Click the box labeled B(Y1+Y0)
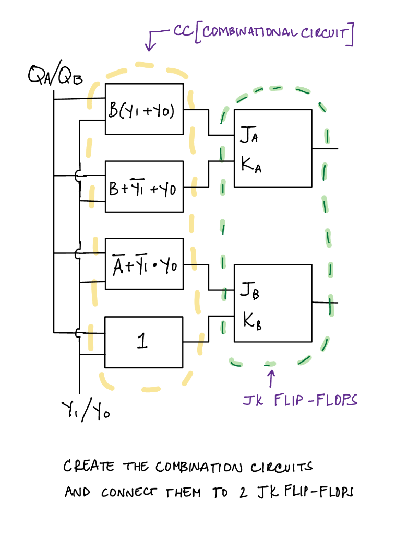coord(144,109)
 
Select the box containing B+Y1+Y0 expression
coord(144,187)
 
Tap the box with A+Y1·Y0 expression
coord(144,264)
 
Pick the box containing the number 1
coord(144,342)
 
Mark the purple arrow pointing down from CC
coord(151,41)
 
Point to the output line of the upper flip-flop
coord(325,148)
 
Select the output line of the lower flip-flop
coord(325,303)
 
